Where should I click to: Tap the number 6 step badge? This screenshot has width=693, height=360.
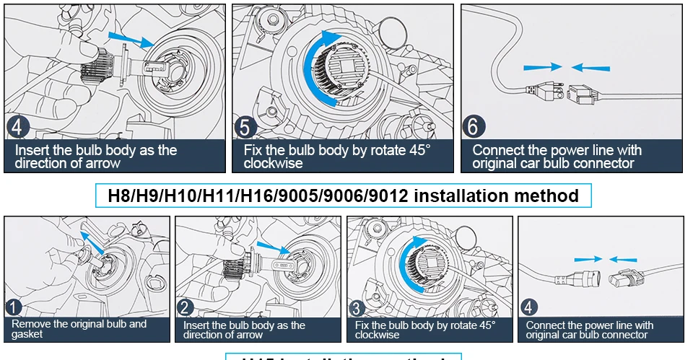click(473, 127)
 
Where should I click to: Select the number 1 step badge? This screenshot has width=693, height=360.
click(14, 308)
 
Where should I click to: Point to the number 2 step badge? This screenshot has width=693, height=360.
click(186, 308)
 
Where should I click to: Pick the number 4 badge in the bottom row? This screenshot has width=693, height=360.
click(529, 308)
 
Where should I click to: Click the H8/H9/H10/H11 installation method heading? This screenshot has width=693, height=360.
click(343, 196)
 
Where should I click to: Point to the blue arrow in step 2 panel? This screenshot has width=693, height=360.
click(271, 248)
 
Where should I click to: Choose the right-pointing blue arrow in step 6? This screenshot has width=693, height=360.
click(543, 66)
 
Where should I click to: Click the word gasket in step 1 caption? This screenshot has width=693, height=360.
click(27, 334)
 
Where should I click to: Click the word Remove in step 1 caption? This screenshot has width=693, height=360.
click(30, 324)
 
